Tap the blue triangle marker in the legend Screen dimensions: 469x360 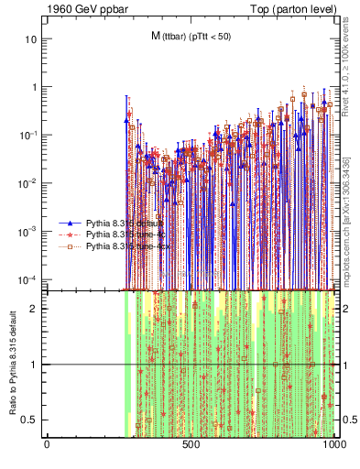click(x=71, y=224)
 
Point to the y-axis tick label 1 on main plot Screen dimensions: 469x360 click(x=36, y=88)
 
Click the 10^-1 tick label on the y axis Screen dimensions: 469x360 click(x=30, y=136)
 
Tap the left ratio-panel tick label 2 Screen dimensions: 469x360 click(x=36, y=309)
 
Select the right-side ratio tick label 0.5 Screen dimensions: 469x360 click(x=350, y=420)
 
